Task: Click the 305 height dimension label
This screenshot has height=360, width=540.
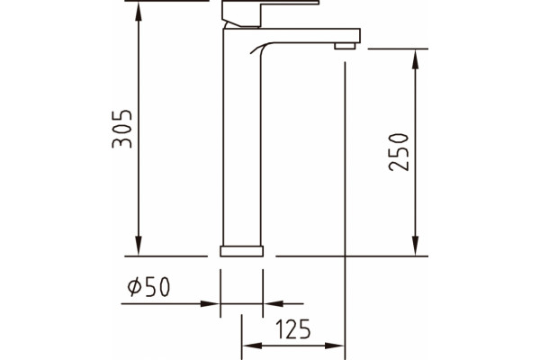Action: (x=121, y=129)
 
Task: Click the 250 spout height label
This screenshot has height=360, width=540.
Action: (x=399, y=152)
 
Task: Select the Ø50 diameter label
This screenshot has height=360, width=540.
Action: (x=148, y=286)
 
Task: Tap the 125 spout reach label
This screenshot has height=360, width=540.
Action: (x=293, y=329)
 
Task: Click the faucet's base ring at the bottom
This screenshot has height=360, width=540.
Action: (x=242, y=251)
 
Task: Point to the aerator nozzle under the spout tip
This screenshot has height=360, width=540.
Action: (x=345, y=46)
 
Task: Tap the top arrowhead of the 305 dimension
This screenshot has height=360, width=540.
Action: (x=139, y=12)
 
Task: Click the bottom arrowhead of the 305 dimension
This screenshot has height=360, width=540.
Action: (x=139, y=246)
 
